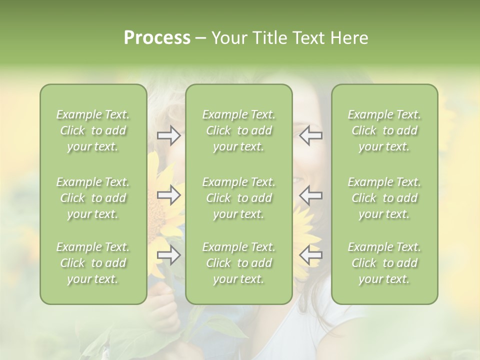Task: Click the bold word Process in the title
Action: [157, 38]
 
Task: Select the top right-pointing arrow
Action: [168, 135]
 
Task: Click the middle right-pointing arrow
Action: [168, 195]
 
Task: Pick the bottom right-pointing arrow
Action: [168, 255]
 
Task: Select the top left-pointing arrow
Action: [310, 135]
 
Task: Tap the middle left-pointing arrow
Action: [310, 195]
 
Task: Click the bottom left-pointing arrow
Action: [310, 255]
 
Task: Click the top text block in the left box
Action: [93, 130]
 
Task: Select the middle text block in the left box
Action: [93, 198]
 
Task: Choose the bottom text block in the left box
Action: [93, 263]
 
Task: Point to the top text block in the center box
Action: [238, 130]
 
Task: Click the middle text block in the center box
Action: [238, 198]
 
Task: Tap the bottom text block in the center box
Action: [238, 263]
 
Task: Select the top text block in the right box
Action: [384, 130]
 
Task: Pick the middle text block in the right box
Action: [384, 198]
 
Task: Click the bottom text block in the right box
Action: [384, 263]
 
